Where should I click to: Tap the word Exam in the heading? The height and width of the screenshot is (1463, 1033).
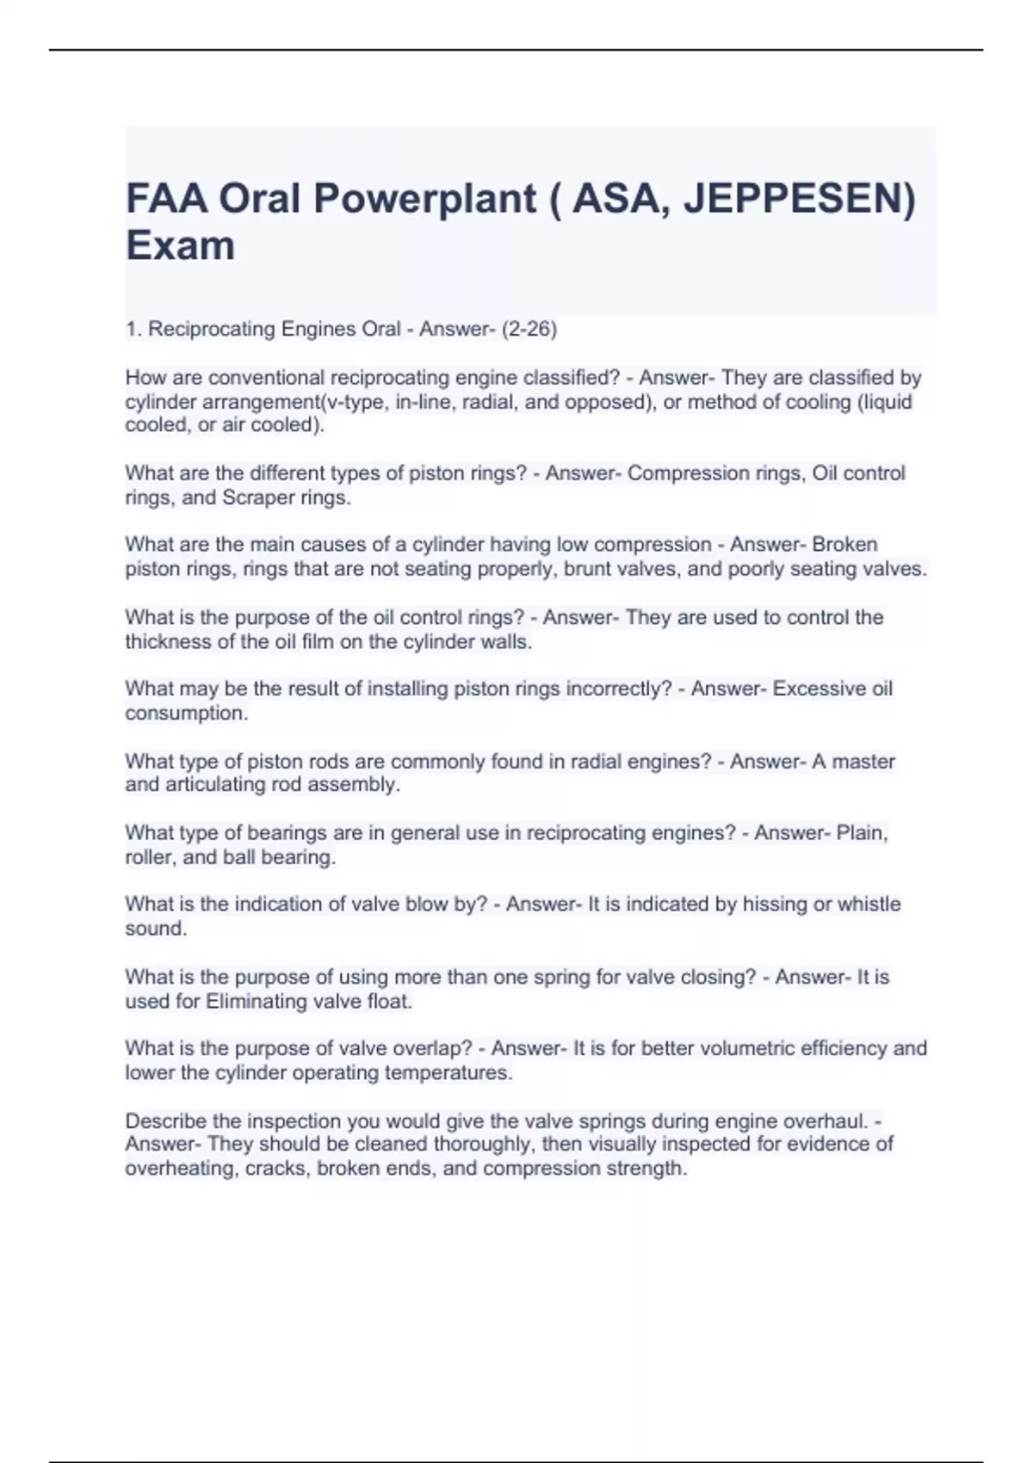[x=180, y=245]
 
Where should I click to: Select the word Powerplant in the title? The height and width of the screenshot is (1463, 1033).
[x=424, y=199]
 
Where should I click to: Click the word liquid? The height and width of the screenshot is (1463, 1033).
[x=886, y=402]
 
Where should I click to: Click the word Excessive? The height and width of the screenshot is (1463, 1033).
[x=810, y=688]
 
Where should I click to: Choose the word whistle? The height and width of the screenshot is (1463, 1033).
[x=869, y=904]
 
